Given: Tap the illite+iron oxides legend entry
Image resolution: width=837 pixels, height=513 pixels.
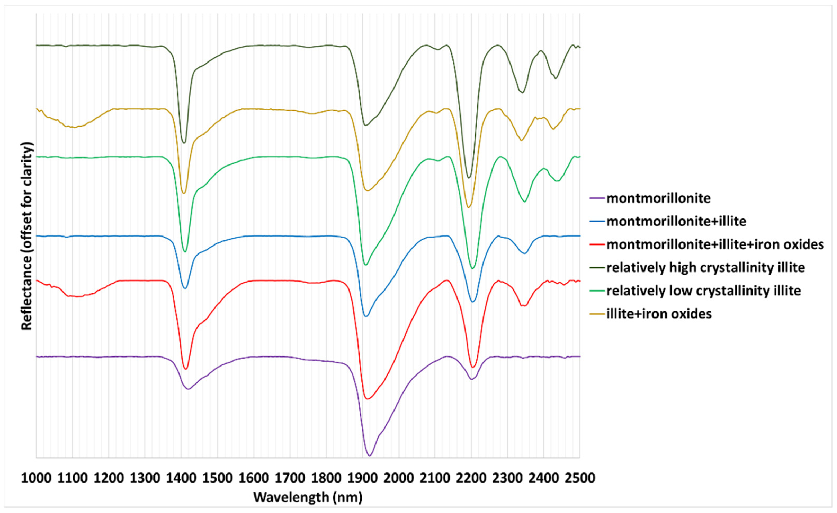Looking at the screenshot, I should click(x=659, y=314).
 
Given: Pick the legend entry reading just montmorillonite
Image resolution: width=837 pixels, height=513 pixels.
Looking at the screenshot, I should click(x=658, y=198).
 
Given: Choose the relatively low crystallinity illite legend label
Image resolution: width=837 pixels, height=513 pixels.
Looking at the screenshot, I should click(x=704, y=291).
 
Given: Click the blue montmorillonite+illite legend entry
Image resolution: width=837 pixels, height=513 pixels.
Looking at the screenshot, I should click(x=676, y=221).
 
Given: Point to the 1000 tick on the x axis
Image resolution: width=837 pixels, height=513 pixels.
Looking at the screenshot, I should click(x=36, y=478).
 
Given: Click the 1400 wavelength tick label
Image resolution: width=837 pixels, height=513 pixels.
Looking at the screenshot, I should click(x=181, y=478).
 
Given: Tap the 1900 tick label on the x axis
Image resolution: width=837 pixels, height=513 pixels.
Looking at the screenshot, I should click(x=362, y=478).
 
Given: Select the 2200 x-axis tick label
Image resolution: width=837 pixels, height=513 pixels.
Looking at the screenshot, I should click(x=471, y=478).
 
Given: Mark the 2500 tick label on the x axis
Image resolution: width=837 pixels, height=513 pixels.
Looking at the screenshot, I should click(x=580, y=478).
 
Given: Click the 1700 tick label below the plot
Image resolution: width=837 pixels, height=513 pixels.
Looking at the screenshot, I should click(x=290, y=478).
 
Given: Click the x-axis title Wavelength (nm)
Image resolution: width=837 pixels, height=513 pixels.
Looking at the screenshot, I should click(x=308, y=498).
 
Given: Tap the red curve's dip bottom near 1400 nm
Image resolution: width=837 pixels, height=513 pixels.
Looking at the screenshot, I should click(x=185, y=369).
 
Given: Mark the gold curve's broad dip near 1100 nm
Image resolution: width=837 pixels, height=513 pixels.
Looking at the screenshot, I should click(x=73, y=127).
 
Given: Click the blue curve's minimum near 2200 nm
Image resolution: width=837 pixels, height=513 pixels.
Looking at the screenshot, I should click(x=472, y=302).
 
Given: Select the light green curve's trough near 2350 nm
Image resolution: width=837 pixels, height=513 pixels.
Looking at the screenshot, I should click(x=525, y=202).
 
